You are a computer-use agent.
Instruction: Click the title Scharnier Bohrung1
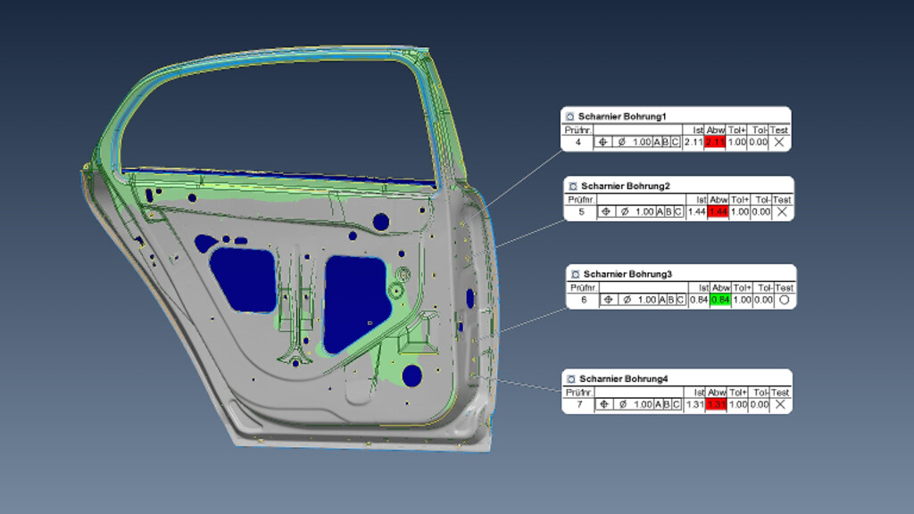[x=622, y=117]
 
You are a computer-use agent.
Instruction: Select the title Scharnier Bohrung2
[x=625, y=187]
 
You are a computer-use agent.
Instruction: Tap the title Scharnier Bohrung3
[x=627, y=274]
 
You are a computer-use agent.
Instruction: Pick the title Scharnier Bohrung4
[x=623, y=379]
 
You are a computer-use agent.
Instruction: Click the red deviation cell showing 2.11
[x=714, y=142]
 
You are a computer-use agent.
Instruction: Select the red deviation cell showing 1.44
[x=719, y=211]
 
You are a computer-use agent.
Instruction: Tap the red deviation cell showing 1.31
[x=716, y=405]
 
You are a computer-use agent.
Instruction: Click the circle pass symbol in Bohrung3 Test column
[x=784, y=300]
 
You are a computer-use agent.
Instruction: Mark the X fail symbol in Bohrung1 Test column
[x=779, y=142]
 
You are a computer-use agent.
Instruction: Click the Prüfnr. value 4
[x=577, y=142]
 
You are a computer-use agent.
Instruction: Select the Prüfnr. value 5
[x=581, y=211]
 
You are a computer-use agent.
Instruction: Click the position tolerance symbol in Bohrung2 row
[x=605, y=211]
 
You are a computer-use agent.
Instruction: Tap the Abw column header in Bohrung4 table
[x=716, y=393]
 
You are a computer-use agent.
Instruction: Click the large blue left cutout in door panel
[x=243, y=279]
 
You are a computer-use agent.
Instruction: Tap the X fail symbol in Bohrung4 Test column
[x=779, y=405]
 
